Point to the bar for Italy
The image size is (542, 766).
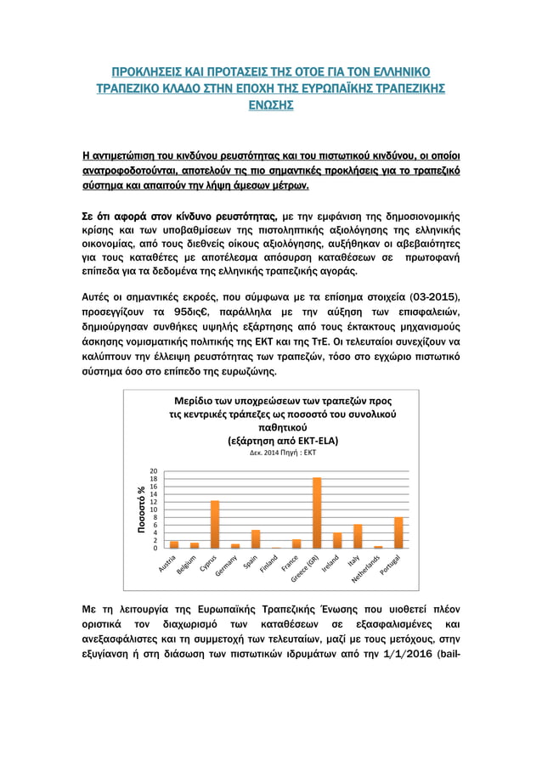pos(358,536)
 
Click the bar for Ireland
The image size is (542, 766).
pos(337,540)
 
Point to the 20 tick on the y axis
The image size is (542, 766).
pos(153,470)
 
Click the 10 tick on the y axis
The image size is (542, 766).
pos(153,510)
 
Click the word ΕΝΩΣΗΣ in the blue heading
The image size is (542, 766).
pos(271,105)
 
